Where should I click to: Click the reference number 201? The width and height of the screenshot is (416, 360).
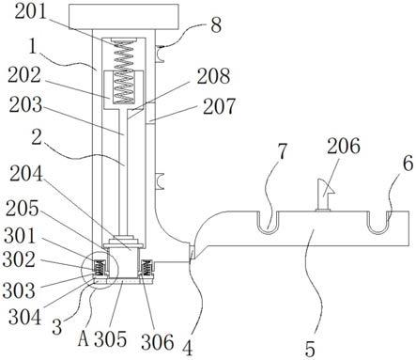tap(30, 12)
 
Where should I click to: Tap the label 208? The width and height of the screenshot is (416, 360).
tap(213, 76)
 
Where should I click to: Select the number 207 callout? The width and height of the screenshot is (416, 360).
tap(219, 106)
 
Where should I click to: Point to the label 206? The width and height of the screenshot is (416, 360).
tap(344, 146)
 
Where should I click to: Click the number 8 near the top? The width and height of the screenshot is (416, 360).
tap(216, 24)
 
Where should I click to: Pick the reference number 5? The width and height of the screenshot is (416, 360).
tap(310, 350)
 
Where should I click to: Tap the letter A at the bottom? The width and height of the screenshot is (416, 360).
tap(84, 338)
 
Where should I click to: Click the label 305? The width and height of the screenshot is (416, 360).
tap(110, 338)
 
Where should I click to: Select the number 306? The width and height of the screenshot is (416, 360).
tap(157, 341)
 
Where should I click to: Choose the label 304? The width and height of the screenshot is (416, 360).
tap(24, 317)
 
